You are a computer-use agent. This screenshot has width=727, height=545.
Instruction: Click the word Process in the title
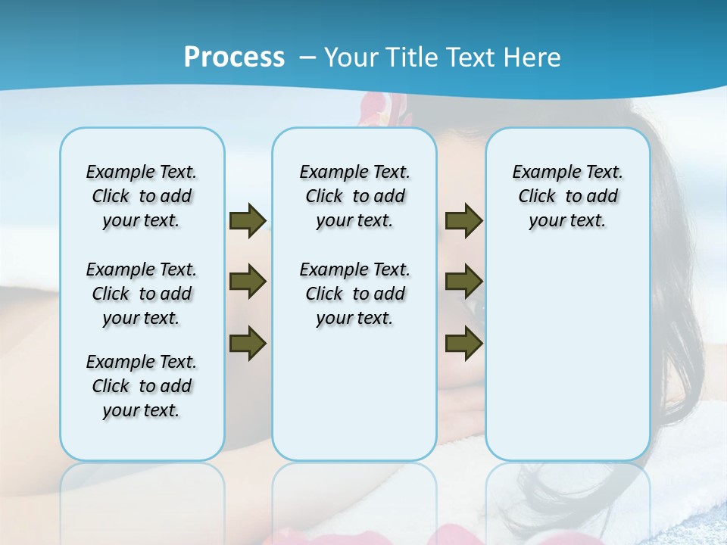click(234, 57)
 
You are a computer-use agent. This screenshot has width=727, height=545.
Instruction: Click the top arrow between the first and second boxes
click(247, 220)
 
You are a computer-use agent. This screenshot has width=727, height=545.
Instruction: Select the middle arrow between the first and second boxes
click(247, 282)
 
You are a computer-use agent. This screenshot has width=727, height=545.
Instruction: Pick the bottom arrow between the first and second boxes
click(247, 344)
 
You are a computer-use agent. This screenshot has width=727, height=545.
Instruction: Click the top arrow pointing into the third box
click(463, 220)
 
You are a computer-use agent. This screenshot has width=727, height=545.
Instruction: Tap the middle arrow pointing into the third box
click(463, 282)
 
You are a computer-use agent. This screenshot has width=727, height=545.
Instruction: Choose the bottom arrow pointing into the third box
click(463, 344)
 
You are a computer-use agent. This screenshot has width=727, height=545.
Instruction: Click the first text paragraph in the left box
click(142, 196)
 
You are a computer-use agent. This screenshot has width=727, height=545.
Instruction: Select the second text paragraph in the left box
click(142, 294)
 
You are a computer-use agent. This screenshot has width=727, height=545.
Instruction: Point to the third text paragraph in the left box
click(142, 386)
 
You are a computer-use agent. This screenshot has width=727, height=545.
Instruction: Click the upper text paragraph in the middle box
click(354, 196)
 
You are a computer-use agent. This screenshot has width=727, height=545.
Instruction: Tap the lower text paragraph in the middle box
click(354, 294)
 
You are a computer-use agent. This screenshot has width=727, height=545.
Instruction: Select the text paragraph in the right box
click(567, 196)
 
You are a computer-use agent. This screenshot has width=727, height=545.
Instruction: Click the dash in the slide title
click(307, 58)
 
